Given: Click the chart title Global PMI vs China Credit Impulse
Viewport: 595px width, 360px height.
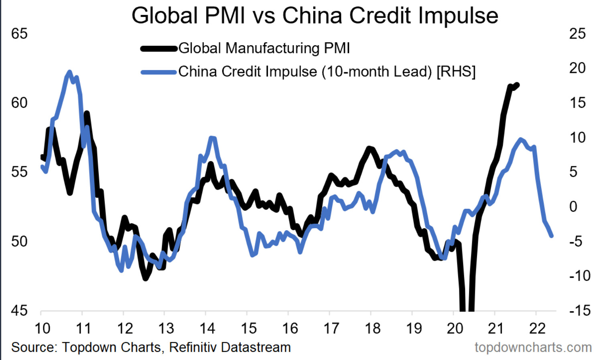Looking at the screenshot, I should pos(315,16).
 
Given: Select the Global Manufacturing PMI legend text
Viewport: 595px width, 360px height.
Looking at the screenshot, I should pos(264,48).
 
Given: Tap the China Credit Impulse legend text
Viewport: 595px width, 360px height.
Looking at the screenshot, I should pos(327,72).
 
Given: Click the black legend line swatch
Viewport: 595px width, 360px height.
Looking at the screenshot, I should pos(159,49).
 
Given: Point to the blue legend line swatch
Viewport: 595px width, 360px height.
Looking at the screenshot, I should pos(159,72).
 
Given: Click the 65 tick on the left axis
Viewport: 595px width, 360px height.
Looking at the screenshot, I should pos(19,34).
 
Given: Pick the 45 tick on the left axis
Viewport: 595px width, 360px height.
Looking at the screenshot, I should pos(19,310).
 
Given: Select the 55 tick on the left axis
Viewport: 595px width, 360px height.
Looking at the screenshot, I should pos(19,172).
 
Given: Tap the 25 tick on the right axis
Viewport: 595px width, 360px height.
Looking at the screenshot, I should pos(577,34).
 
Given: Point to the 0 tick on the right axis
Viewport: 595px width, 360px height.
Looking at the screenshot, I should pos(573,206).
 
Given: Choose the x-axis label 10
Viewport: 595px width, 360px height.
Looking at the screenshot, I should pos(42,329).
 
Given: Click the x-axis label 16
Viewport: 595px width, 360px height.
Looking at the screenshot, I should pos(290,329).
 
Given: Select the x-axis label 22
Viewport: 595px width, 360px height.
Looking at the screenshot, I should pos(537,329).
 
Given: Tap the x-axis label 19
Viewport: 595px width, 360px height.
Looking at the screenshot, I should pos(414,329).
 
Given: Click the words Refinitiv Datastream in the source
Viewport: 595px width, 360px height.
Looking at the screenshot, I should pos(230,347).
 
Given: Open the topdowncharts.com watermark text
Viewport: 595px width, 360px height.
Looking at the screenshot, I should pos(533,347).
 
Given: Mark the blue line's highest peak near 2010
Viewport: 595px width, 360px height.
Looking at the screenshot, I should pos(69,72).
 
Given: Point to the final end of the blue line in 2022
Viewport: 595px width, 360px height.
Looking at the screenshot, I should pos(552,236).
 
